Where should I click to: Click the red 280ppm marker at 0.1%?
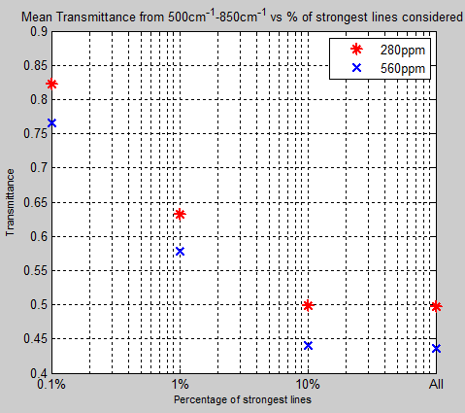pyautogui.click(x=51, y=85)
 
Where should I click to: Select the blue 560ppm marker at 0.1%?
pyautogui.click(x=51, y=122)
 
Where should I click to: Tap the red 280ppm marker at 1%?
pyautogui.click(x=180, y=214)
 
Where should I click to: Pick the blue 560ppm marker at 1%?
pyautogui.click(x=180, y=251)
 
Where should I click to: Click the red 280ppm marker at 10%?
pyautogui.click(x=308, y=305)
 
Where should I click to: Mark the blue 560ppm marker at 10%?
pyautogui.click(x=308, y=345)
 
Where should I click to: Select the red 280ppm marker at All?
pyautogui.click(x=436, y=306)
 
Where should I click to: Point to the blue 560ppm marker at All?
pyautogui.click(x=436, y=348)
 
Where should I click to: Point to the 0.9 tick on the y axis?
pyautogui.click(x=36, y=31)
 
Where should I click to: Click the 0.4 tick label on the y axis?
pyautogui.click(x=36, y=372)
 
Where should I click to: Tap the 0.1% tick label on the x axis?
pyautogui.click(x=52, y=386)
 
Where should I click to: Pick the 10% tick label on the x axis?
pyautogui.click(x=308, y=386)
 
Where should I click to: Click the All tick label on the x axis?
pyautogui.click(x=437, y=386)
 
